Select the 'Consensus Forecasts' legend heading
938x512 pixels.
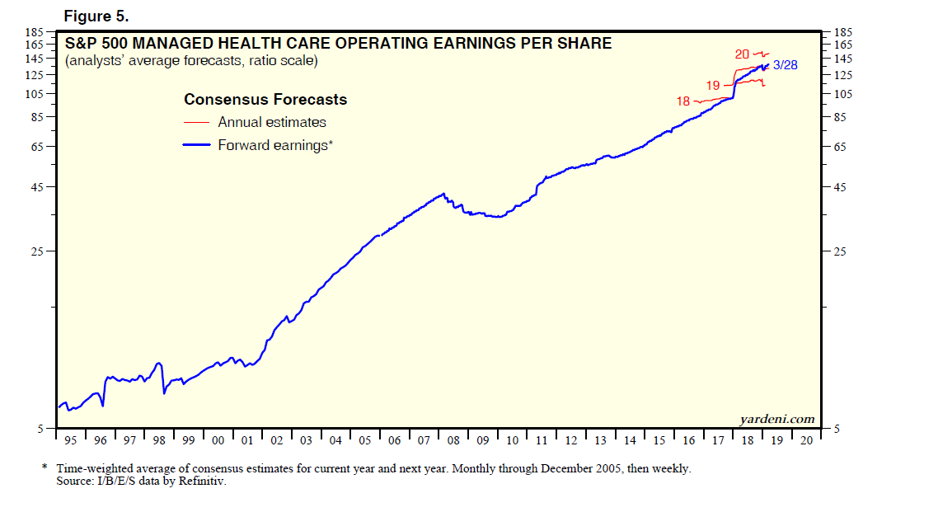pos(265,100)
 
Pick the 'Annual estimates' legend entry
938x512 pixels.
pos(271,122)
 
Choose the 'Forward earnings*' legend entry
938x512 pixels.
pos(274,145)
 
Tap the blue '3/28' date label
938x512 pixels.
pos(785,65)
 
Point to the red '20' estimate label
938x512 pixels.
pos(742,54)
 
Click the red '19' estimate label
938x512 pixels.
pos(713,85)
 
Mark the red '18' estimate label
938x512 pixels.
pos(682,101)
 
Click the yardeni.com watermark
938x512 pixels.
pos(777,419)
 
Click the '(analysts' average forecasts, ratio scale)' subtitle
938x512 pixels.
pos(191,61)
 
